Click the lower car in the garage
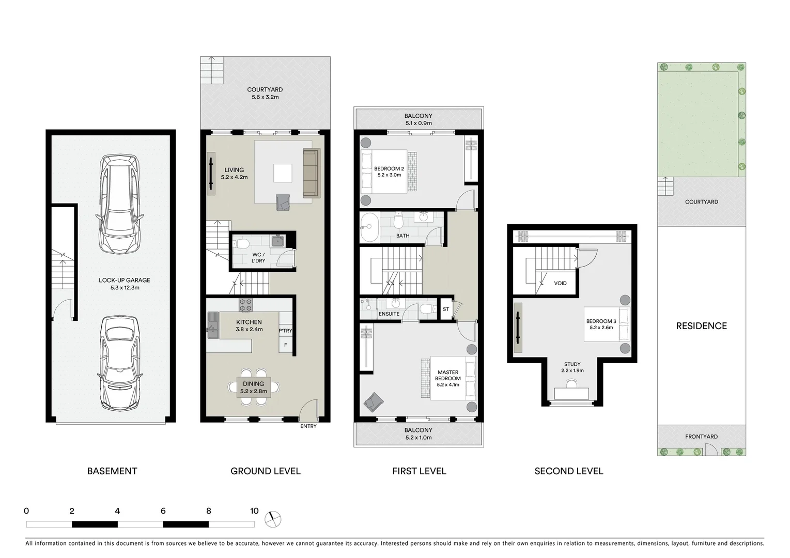tap(119, 363)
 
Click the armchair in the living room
tap(283, 202)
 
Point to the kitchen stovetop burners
tap(245, 304)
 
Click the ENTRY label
tap(308, 426)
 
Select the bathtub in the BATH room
tap(369, 227)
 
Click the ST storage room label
tap(446, 309)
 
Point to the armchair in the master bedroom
tap(374, 401)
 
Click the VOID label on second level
tap(560, 283)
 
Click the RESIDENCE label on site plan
tap(701, 326)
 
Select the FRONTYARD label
tap(701, 437)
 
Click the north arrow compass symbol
tap(272, 519)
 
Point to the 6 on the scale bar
tap(163, 511)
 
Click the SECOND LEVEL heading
tap(568, 471)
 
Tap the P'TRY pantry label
tap(285, 331)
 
